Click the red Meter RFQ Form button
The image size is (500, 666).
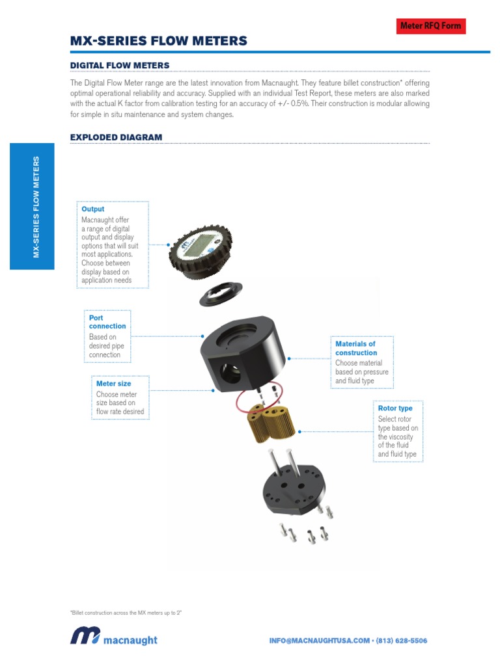[430, 26]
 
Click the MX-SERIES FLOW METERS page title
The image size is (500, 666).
[158, 42]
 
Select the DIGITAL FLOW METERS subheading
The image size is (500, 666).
[119, 66]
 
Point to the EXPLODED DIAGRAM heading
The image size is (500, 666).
[116, 137]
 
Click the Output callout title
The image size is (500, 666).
[92, 209]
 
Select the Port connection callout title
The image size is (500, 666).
[107, 322]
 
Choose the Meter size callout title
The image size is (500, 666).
[113, 384]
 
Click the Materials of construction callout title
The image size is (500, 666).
[355, 348]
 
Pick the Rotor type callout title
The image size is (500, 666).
[395, 408]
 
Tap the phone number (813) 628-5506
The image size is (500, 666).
[401, 641]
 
